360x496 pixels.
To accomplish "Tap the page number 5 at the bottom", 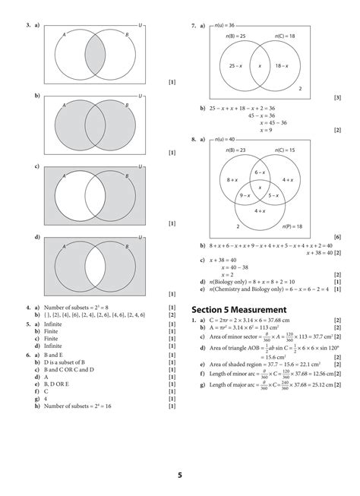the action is point(180,475).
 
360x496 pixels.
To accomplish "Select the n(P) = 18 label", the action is point(287,227).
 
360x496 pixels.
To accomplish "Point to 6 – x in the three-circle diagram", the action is point(260,173).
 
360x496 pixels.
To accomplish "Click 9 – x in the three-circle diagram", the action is point(245,195).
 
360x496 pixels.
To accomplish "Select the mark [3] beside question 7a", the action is point(337,99).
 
